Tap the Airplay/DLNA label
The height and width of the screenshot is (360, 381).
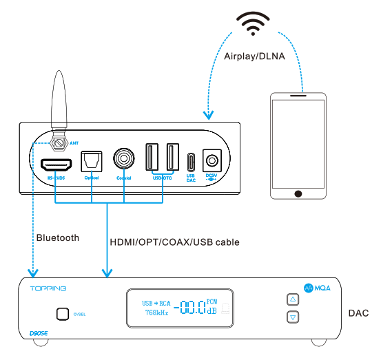click(254, 57)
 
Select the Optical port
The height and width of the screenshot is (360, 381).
click(91, 161)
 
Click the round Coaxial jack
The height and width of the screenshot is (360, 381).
click(124, 160)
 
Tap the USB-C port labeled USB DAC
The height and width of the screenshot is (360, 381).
click(192, 162)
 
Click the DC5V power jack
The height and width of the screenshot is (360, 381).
click(212, 162)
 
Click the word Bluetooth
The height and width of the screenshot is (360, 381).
click(57, 237)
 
